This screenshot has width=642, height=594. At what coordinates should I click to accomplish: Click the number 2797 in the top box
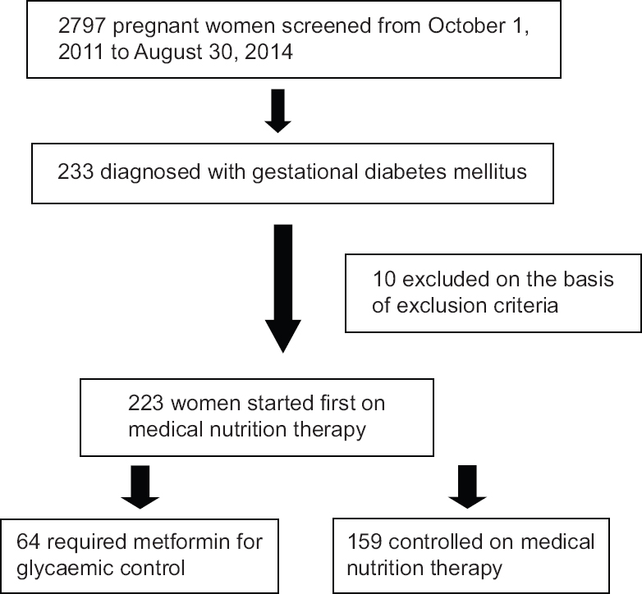(x=82, y=25)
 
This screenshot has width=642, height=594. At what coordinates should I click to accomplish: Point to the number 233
(x=76, y=171)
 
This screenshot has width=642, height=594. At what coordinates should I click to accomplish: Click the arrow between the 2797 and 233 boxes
(x=278, y=111)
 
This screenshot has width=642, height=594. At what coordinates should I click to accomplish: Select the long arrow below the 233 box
(x=283, y=289)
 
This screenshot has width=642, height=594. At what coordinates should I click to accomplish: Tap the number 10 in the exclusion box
(x=384, y=280)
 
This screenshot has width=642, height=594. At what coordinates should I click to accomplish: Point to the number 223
(x=146, y=403)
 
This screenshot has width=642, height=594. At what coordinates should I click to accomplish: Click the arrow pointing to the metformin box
(x=140, y=487)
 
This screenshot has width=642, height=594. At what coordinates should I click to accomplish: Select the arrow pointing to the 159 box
(x=468, y=487)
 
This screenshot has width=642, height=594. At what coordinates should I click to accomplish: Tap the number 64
(x=28, y=541)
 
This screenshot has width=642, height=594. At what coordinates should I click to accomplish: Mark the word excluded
(x=446, y=280)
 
